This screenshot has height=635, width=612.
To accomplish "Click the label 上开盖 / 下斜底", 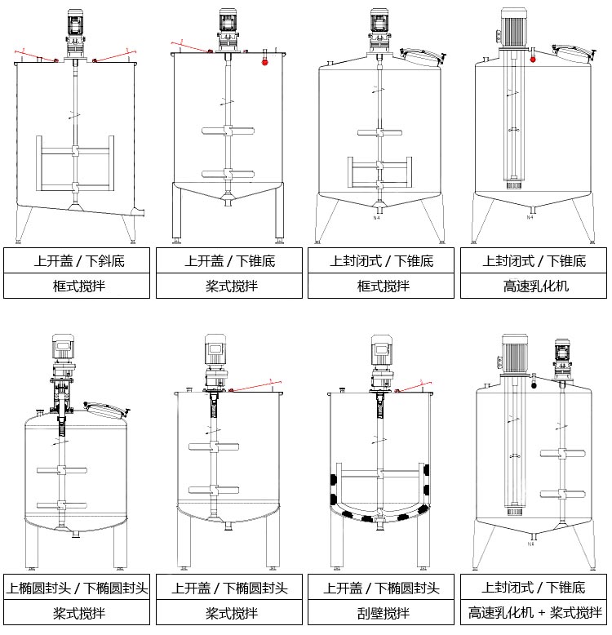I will point(77,261).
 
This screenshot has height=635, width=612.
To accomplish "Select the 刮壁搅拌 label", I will point(381,612).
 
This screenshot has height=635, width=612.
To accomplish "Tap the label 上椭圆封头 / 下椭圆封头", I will point(77,588).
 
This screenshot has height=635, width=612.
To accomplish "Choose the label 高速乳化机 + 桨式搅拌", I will point(534,612).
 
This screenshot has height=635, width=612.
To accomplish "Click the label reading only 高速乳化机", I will point(534,286).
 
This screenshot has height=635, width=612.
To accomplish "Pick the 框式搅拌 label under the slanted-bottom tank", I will point(77,286).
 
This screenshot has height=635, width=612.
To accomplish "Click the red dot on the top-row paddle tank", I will point(264,61).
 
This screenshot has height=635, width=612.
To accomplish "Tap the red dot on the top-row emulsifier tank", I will point(533,59).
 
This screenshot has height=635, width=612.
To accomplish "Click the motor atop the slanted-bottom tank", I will point(74,22).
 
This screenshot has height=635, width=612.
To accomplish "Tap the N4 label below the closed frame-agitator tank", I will point(377,218).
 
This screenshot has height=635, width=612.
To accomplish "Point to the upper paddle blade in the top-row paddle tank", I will point(227,131).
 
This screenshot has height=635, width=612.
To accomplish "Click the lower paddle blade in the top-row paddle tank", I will point(227,172).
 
